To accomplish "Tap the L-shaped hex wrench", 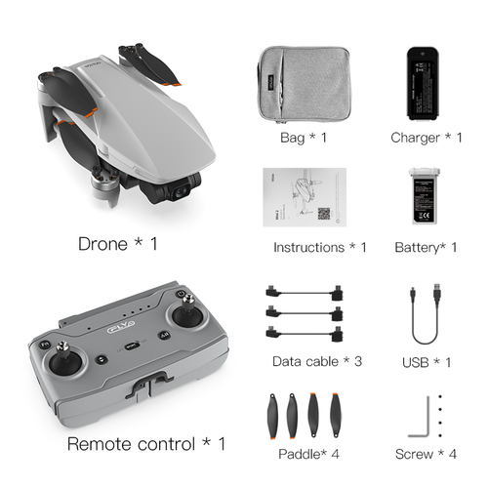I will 422,415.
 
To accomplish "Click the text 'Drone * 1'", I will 117,242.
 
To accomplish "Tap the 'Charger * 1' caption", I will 426,138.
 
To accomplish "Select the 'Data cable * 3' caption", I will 316,361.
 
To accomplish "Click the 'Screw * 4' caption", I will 427,454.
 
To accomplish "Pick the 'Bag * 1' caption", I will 303,138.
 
